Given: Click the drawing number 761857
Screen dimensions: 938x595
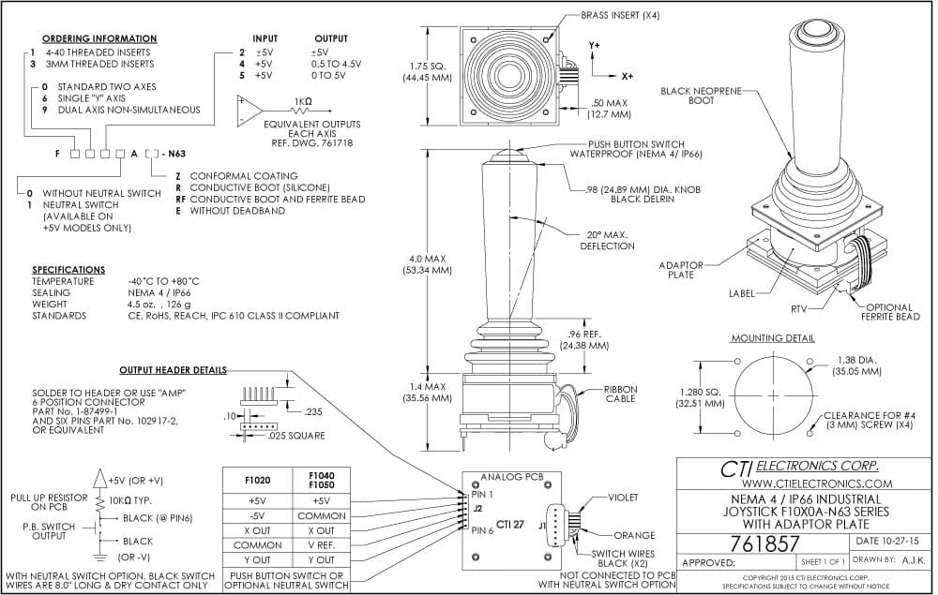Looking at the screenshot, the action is pyautogui.click(x=764, y=543).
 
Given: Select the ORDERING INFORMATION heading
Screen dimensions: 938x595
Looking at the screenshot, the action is pyautogui.click(x=99, y=38).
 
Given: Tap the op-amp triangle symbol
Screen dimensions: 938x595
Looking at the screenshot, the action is pyautogui.click(x=250, y=111).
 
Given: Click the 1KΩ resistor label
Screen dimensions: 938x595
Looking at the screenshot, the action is pyautogui.click(x=303, y=101).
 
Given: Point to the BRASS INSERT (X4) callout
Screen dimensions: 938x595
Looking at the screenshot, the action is pyautogui.click(x=620, y=16).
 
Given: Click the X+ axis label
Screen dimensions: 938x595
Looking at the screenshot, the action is pyautogui.click(x=627, y=77).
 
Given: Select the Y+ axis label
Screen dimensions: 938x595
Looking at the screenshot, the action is pyautogui.click(x=594, y=45).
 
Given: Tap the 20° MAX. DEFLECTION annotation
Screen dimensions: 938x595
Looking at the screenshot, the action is pyautogui.click(x=607, y=240).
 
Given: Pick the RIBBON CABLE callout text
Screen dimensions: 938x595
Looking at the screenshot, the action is pyautogui.click(x=620, y=394).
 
